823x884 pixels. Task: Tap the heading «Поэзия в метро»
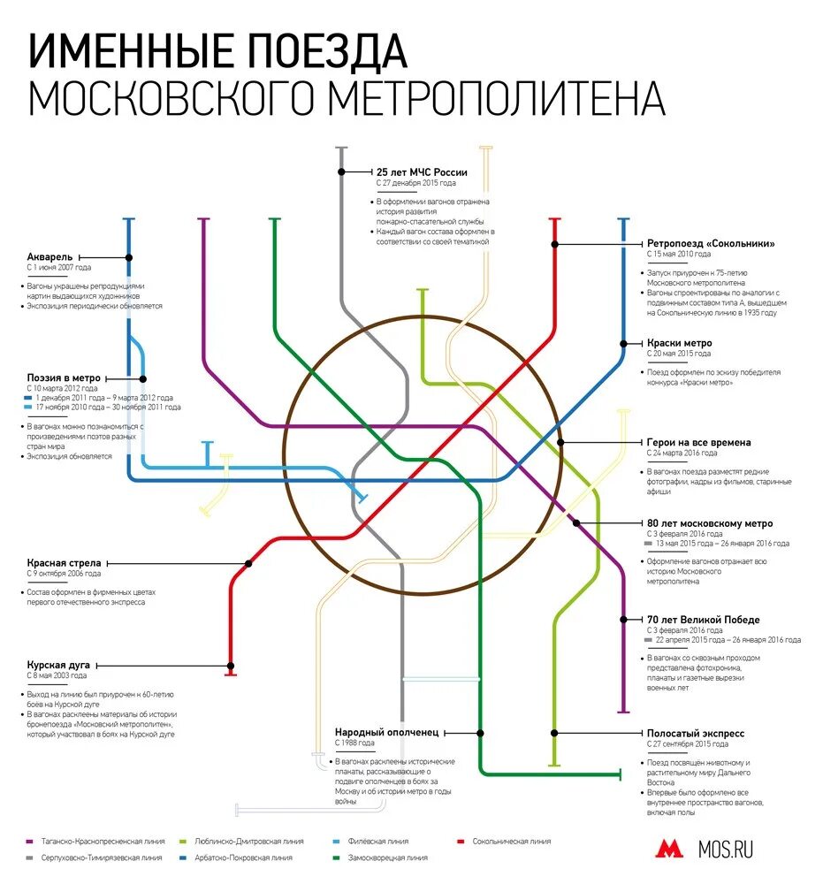pyautogui.click(x=64, y=377)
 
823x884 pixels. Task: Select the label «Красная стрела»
pyautogui.click(x=64, y=562)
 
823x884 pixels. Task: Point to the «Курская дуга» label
pyautogui.click(x=57, y=664)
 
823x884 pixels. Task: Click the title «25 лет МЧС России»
pyautogui.click(x=422, y=172)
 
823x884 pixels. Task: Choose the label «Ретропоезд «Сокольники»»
pyautogui.click(x=711, y=243)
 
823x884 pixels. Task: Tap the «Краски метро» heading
pyautogui.click(x=679, y=343)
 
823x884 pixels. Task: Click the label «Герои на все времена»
pyautogui.click(x=698, y=442)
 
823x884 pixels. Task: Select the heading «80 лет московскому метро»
pyautogui.click(x=709, y=522)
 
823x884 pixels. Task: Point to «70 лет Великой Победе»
pyautogui.click(x=703, y=620)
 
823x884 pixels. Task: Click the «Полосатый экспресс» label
pyautogui.click(x=696, y=733)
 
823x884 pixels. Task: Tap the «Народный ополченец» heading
pyautogui.click(x=386, y=732)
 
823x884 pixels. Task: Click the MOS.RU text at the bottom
pyautogui.click(x=726, y=850)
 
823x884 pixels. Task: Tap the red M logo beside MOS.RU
pyautogui.click(x=669, y=850)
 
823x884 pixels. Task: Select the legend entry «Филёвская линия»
pyautogui.click(x=378, y=842)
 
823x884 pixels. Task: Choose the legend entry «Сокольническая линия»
pyautogui.click(x=511, y=842)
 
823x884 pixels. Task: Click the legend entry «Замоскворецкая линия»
pyautogui.click(x=386, y=857)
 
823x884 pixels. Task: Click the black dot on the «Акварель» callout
pyautogui.click(x=129, y=257)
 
